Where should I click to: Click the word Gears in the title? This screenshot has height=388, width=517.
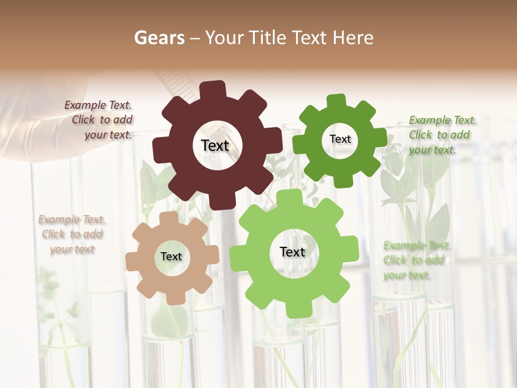click(159, 38)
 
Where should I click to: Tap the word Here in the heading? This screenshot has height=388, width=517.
click(353, 38)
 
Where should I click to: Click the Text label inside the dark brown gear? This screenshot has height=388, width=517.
click(215, 145)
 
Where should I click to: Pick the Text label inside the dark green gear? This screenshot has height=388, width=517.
click(340, 139)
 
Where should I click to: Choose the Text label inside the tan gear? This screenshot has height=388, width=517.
click(171, 257)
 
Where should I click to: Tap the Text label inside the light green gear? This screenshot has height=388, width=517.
click(292, 252)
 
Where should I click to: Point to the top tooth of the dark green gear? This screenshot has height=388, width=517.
click(336, 101)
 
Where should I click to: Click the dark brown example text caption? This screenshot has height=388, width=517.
click(99, 120)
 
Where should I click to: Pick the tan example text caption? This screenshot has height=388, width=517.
click(72, 234)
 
